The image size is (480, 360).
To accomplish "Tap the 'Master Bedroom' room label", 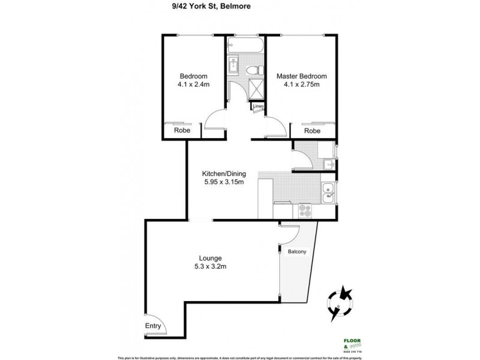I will (x=301, y=76).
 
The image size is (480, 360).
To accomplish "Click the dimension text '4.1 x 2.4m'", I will (x=193, y=85).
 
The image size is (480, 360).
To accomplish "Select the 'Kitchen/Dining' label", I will (x=223, y=174).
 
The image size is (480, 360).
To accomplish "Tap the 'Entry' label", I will (x=154, y=326).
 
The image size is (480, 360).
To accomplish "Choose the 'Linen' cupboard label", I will (x=258, y=107).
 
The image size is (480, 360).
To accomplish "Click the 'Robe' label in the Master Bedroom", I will (x=311, y=131).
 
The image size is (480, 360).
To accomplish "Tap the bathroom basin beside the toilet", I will (x=235, y=66).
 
